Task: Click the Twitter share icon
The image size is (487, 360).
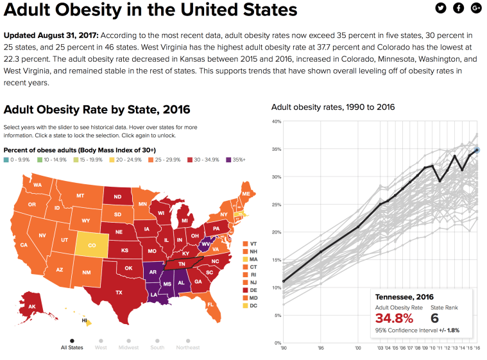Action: (440, 8)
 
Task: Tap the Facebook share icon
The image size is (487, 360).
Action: (458, 8)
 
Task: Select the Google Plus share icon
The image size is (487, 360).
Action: (476, 8)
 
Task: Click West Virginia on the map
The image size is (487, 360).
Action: (205, 244)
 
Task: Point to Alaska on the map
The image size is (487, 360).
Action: (31, 307)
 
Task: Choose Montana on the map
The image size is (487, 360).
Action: (80, 196)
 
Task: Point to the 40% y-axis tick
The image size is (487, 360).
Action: (277, 121)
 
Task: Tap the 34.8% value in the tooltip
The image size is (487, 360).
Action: (393, 318)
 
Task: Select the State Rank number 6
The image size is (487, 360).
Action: (434, 318)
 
